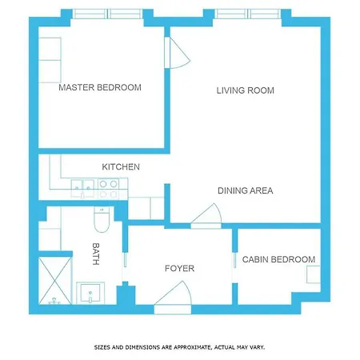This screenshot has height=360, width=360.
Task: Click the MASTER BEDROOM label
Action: (x=100, y=87)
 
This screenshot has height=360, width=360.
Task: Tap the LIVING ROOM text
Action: (x=246, y=90)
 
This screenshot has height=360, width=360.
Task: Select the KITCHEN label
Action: (x=121, y=167)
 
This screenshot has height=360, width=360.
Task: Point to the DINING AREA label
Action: (x=246, y=190)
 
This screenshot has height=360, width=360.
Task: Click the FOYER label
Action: (x=179, y=268)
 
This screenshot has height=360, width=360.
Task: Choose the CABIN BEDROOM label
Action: (x=278, y=259)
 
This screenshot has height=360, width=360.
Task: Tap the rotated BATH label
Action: (x=96, y=254)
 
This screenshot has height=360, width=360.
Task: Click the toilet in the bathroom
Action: (x=102, y=219)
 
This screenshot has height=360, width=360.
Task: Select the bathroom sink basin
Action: (x=90, y=293)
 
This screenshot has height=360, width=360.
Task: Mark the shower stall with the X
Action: (x=55, y=281)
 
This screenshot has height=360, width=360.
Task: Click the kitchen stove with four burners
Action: (x=109, y=189)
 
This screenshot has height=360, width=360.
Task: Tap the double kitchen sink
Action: (x=82, y=188)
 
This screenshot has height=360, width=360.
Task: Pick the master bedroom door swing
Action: (x=178, y=53)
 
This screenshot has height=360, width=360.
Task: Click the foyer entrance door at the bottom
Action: (x=173, y=298)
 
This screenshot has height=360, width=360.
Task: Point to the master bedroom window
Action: (x=107, y=14)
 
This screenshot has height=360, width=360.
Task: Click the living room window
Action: (x=248, y=14)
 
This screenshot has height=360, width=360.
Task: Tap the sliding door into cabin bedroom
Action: (x=234, y=260)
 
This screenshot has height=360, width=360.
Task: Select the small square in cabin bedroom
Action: (x=314, y=274)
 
